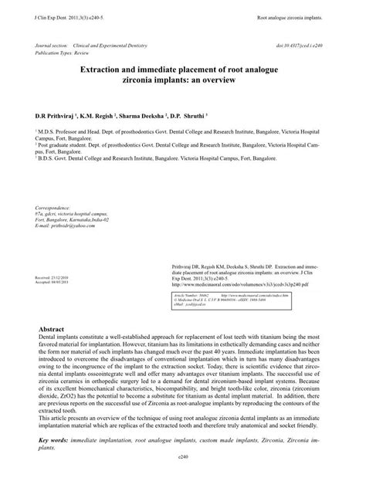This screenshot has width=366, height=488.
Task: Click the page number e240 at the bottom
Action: pyautogui.click(x=183, y=457)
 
